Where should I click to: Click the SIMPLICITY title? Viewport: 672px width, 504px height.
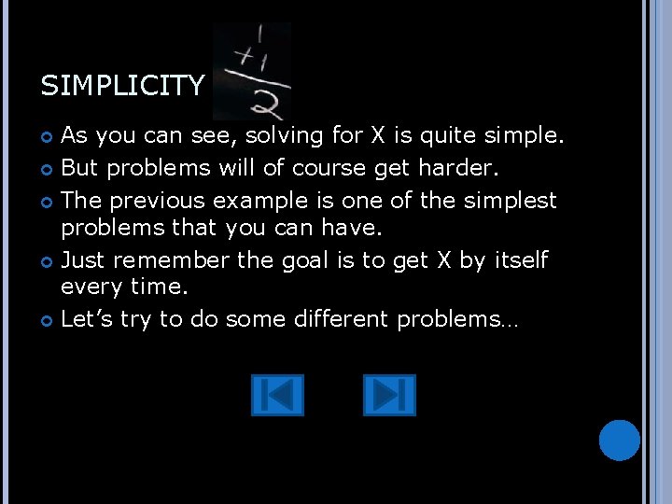click(x=121, y=87)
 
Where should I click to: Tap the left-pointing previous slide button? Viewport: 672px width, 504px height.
click(x=277, y=395)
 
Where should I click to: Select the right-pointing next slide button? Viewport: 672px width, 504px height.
click(x=388, y=395)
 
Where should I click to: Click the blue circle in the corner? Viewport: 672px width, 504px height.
click(x=619, y=440)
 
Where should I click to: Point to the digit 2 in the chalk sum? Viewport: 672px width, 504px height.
click(x=264, y=103)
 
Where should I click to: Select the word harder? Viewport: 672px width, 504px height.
click(x=463, y=168)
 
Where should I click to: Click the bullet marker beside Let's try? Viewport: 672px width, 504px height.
click(x=47, y=320)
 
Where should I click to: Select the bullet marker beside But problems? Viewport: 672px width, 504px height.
click(x=47, y=169)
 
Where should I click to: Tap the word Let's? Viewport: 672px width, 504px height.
click(x=87, y=319)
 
